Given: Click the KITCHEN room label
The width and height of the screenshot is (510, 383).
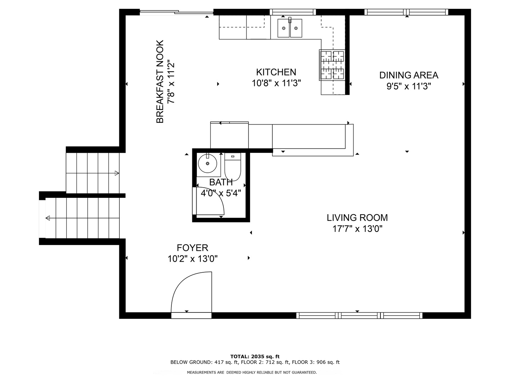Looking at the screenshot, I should click(276, 72).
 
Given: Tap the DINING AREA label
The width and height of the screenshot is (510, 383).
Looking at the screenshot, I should click(408, 75).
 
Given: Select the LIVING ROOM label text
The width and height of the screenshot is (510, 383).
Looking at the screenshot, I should click(357, 217).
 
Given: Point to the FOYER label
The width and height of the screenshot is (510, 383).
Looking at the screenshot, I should click(192, 248).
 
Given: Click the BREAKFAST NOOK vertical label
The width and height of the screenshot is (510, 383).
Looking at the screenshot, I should click(160, 82).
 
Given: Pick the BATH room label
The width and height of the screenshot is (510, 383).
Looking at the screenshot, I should click(221, 182).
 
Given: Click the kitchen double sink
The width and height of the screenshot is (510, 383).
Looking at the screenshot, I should click(290, 28).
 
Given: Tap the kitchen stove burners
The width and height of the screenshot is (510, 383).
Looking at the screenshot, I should click(332, 65).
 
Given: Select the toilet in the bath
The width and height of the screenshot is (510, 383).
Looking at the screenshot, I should click(233, 167).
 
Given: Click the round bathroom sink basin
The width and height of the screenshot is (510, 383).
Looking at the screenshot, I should click(208, 164).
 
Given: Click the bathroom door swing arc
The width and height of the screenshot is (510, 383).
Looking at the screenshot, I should click(211, 200).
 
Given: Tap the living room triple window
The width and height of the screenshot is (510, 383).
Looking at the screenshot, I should click(359, 315).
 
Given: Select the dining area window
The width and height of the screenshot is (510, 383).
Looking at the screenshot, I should click(406, 12).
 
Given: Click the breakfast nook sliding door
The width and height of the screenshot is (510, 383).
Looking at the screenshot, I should click(176, 13).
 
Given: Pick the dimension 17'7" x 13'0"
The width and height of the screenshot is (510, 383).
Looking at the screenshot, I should click(357, 229).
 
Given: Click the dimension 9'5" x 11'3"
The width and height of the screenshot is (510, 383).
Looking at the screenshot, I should click(408, 86).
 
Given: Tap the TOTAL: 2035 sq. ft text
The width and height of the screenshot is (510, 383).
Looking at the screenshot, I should click(255, 356).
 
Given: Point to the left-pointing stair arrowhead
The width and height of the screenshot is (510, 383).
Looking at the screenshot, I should click(47, 218).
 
